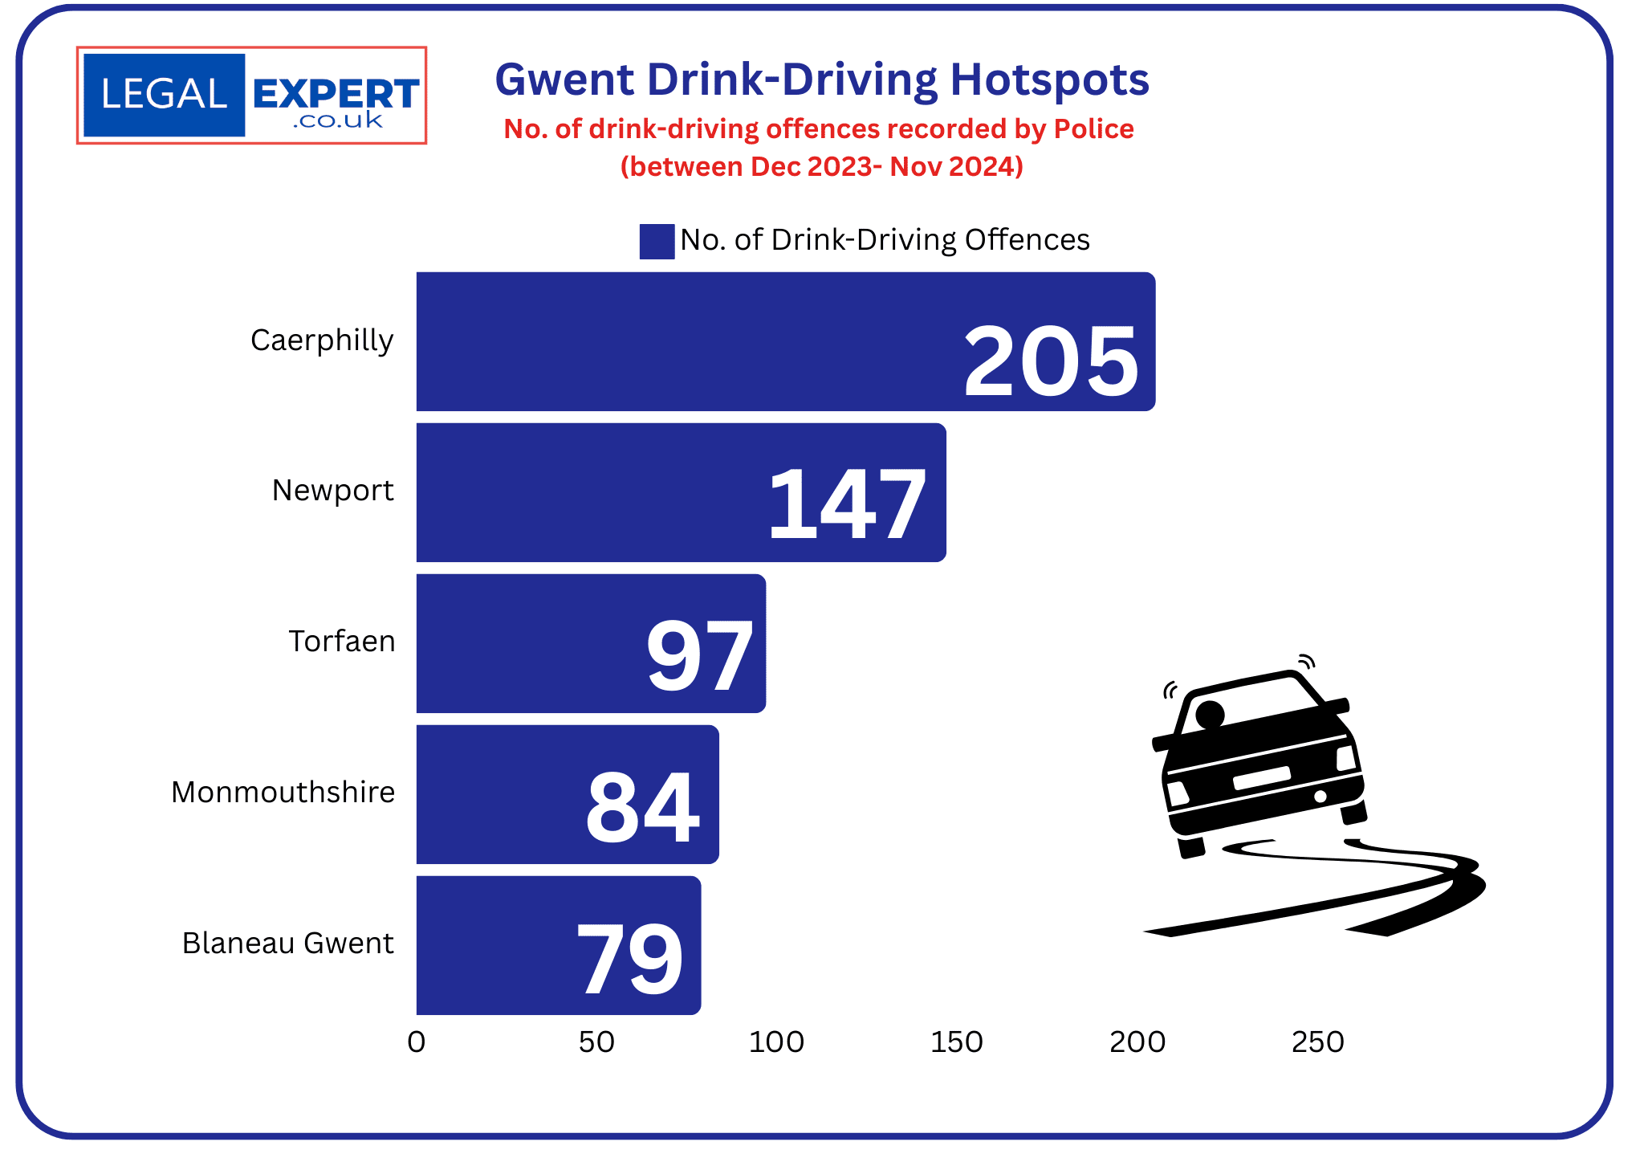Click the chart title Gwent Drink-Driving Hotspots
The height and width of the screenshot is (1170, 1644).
pyautogui.click(x=822, y=79)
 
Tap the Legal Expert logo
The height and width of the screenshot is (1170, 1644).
pyautogui.click(x=251, y=96)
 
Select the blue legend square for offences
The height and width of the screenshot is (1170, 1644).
pyautogui.click(x=656, y=241)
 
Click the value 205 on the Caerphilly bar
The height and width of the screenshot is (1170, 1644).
pyautogui.click(x=1050, y=361)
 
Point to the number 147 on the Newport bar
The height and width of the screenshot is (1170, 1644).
pyautogui.click(x=847, y=505)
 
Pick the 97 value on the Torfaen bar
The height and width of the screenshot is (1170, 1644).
pyautogui.click(x=699, y=656)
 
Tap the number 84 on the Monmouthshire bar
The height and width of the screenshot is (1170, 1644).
pyautogui.click(x=642, y=807)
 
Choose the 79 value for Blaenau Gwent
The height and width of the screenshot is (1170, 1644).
pyautogui.click(x=630, y=957)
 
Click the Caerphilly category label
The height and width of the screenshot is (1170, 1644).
pyautogui.click(x=322, y=340)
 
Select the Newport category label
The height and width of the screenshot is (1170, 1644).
pyautogui.click(x=332, y=490)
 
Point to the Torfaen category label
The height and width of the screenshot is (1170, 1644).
pyautogui.click(x=342, y=641)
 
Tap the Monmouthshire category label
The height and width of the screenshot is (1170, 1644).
pyautogui.click(x=283, y=792)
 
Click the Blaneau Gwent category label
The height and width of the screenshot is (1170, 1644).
pyautogui.click(x=287, y=943)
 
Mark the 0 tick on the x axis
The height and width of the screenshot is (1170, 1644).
pyautogui.click(x=416, y=1042)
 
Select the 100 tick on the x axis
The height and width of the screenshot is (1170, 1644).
pyautogui.click(x=776, y=1042)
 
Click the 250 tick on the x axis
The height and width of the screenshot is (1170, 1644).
pyautogui.click(x=1317, y=1042)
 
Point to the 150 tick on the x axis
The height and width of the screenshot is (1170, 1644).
pyautogui.click(x=956, y=1042)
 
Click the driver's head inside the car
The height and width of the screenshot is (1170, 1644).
pyautogui.click(x=1210, y=713)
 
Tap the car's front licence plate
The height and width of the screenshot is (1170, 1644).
pyautogui.click(x=1261, y=777)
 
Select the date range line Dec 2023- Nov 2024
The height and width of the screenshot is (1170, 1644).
pyautogui.click(x=821, y=166)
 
